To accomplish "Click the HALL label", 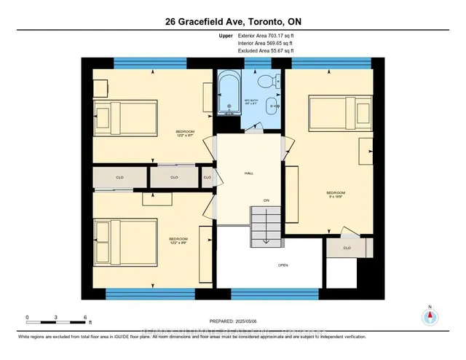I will (x=248, y=173).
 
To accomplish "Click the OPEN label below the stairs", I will (x=283, y=265).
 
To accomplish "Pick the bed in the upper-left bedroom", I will (x=125, y=115).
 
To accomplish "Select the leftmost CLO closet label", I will (x=119, y=177).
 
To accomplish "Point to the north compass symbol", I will (x=430, y=316).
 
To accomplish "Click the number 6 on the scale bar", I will (x=86, y=318).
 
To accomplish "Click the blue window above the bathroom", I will (x=250, y=65).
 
